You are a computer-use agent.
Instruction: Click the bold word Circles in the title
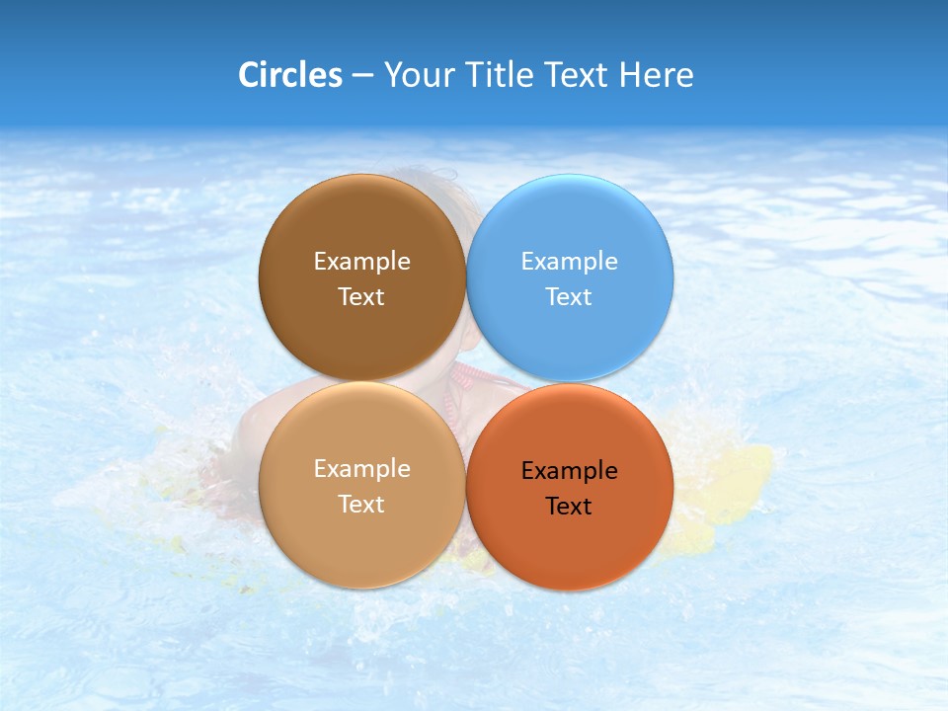pyautogui.click(x=290, y=75)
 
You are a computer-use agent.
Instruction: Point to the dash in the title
pyautogui.click(x=362, y=76)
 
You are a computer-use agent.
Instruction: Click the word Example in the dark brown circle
pyautogui.click(x=361, y=262)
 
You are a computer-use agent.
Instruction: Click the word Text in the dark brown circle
pyautogui.click(x=361, y=297)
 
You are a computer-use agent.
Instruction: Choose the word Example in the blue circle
pyautogui.click(x=570, y=262)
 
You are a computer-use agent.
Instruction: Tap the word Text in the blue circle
pyautogui.click(x=570, y=297)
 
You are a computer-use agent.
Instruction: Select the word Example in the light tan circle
pyautogui.click(x=361, y=469)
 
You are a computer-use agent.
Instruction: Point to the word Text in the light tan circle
pyautogui.click(x=361, y=505)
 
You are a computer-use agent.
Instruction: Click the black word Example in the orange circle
pyautogui.click(x=570, y=471)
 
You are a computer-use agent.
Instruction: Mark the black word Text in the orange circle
pyautogui.click(x=570, y=507)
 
